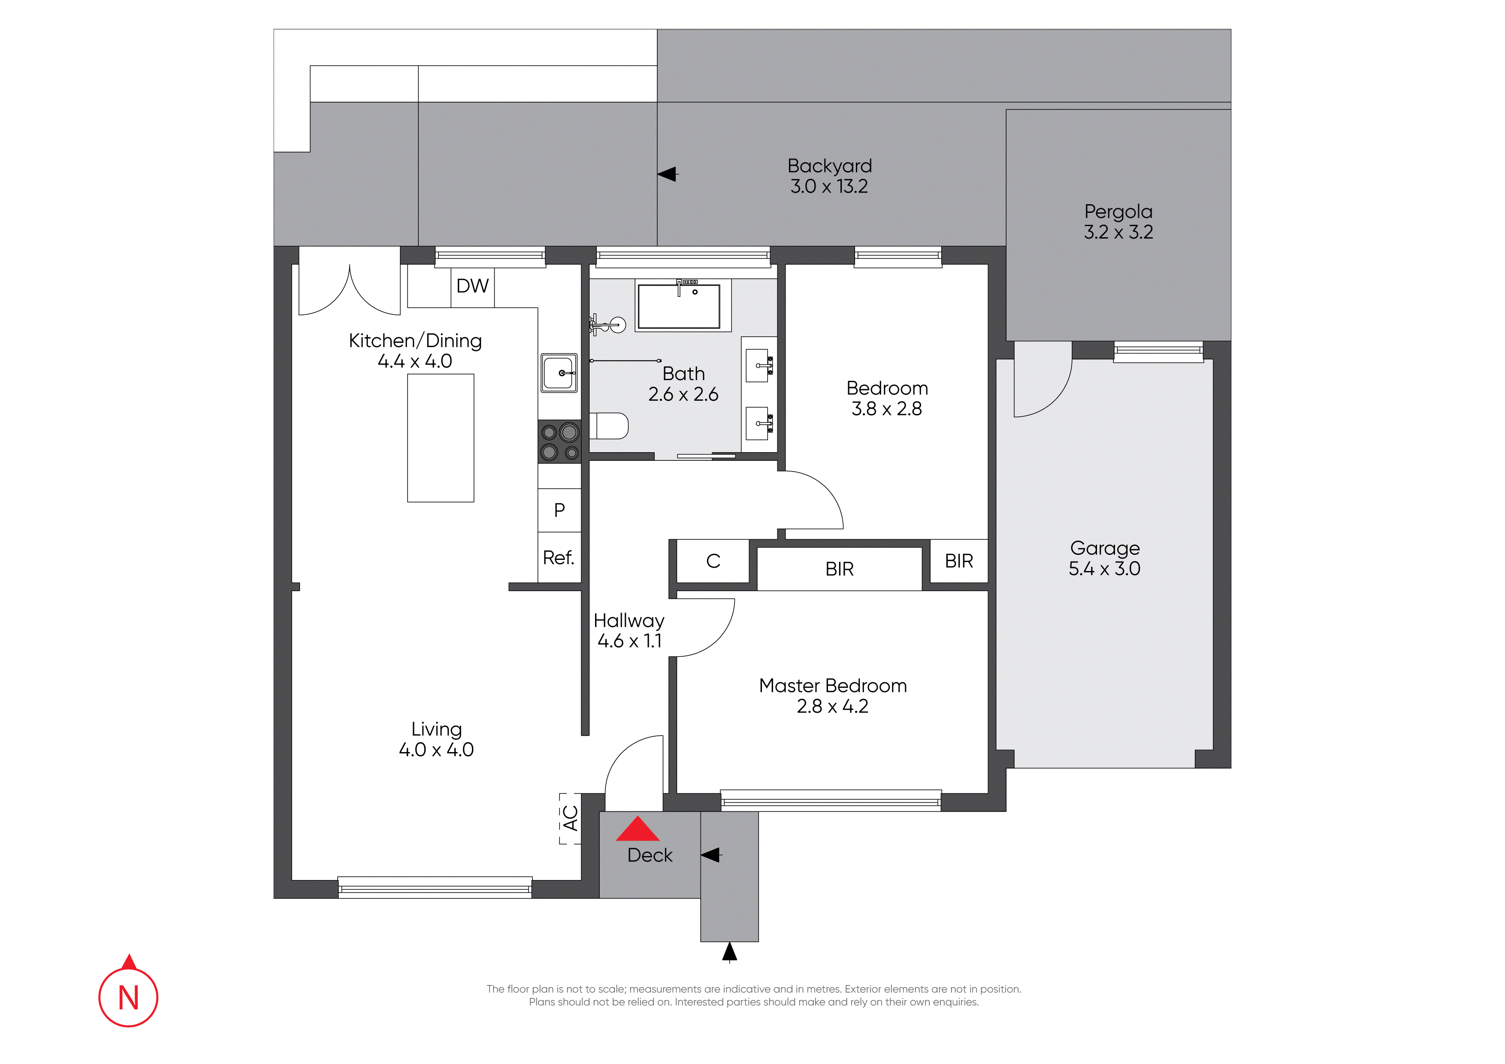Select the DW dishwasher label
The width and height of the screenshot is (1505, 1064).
(x=473, y=286)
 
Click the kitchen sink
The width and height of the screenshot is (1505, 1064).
(x=559, y=373)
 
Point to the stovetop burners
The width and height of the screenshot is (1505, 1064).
(x=559, y=442)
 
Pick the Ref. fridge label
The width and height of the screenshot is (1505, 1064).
(x=559, y=558)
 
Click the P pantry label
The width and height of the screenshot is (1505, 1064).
(x=559, y=510)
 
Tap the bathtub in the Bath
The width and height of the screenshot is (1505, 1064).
(x=679, y=305)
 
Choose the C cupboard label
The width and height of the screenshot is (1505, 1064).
(x=713, y=561)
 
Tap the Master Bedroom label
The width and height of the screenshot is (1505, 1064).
(x=833, y=686)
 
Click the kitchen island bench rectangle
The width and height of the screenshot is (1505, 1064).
(x=441, y=438)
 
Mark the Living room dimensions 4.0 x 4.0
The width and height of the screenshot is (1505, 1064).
(x=437, y=750)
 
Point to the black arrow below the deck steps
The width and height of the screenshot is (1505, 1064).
(x=730, y=952)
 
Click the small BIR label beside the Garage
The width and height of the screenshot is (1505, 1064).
(x=959, y=561)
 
